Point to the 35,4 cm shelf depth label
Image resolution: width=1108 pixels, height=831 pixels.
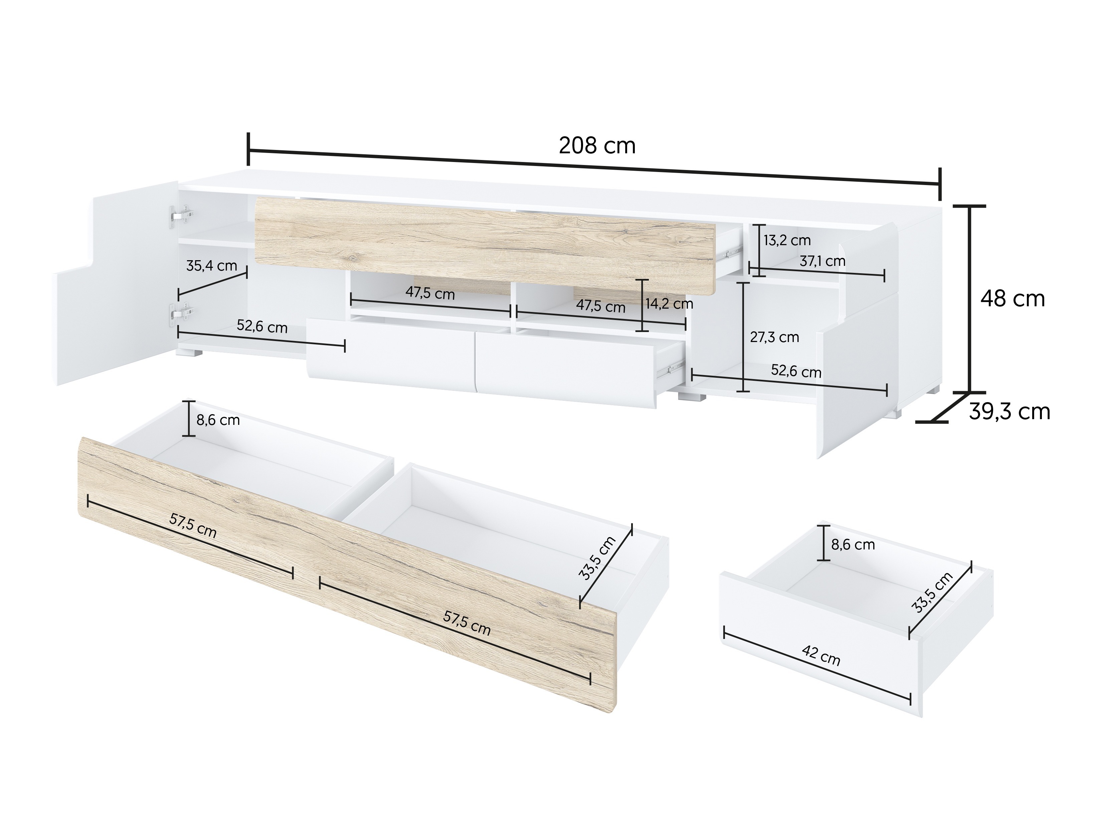coord(211,266)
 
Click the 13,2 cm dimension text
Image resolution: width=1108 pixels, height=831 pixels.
coord(786,240)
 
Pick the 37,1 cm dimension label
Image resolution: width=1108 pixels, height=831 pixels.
coord(822,261)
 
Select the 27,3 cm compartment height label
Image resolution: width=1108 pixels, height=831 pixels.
coord(774,337)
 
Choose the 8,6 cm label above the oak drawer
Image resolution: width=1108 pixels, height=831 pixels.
coord(217,420)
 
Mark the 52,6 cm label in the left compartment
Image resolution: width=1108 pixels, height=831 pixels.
coord(262,327)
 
